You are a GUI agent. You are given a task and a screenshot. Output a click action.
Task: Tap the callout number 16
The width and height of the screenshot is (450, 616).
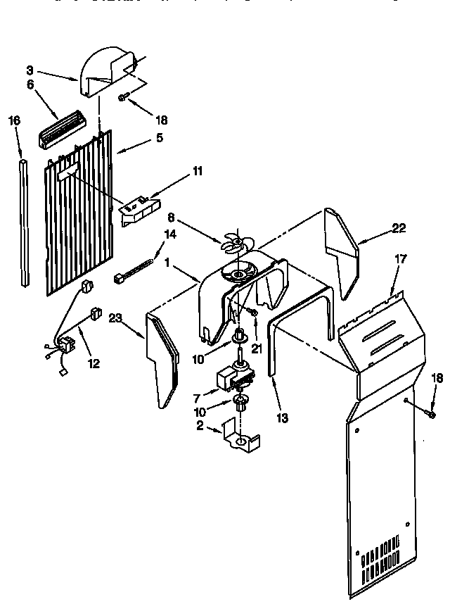click(x=14, y=120)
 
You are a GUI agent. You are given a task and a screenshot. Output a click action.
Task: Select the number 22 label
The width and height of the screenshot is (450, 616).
click(x=398, y=228)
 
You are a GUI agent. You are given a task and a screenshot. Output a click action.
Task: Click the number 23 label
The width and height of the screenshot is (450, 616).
click(x=116, y=318)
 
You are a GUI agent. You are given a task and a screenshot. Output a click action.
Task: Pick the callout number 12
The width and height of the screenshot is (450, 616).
click(x=94, y=364)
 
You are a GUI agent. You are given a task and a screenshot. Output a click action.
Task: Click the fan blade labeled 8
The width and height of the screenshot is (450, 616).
click(x=234, y=244)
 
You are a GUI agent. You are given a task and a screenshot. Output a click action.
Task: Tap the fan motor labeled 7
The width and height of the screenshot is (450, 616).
click(x=236, y=379)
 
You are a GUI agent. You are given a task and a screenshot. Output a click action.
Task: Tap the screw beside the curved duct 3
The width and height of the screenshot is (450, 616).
click(x=124, y=96)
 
